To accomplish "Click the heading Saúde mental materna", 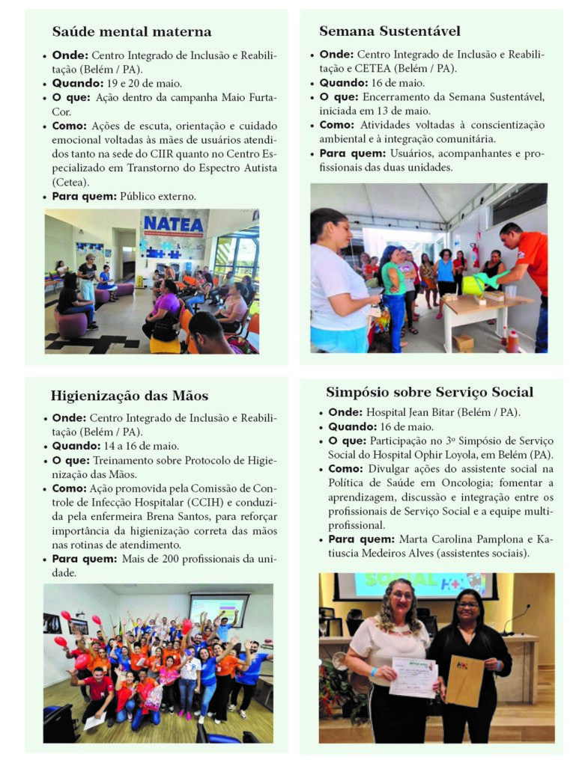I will pyautogui.click(x=132, y=31).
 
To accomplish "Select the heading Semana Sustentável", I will pyautogui.click(x=390, y=31).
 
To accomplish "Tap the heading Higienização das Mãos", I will pyautogui.click(x=130, y=396).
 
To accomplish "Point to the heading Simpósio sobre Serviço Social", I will pyautogui.click(x=429, y=392).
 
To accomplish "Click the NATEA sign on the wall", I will pyautogui.click(x=173, y=224).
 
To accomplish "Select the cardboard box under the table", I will pyautogui.click(x=462, y=341).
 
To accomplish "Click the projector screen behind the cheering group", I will pyautogui.click(x=218, y=609).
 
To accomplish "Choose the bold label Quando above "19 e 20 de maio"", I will pyautogui.click(x=77, y=83).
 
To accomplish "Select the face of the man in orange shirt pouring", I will pyautogui.click(x=512, y=232).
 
